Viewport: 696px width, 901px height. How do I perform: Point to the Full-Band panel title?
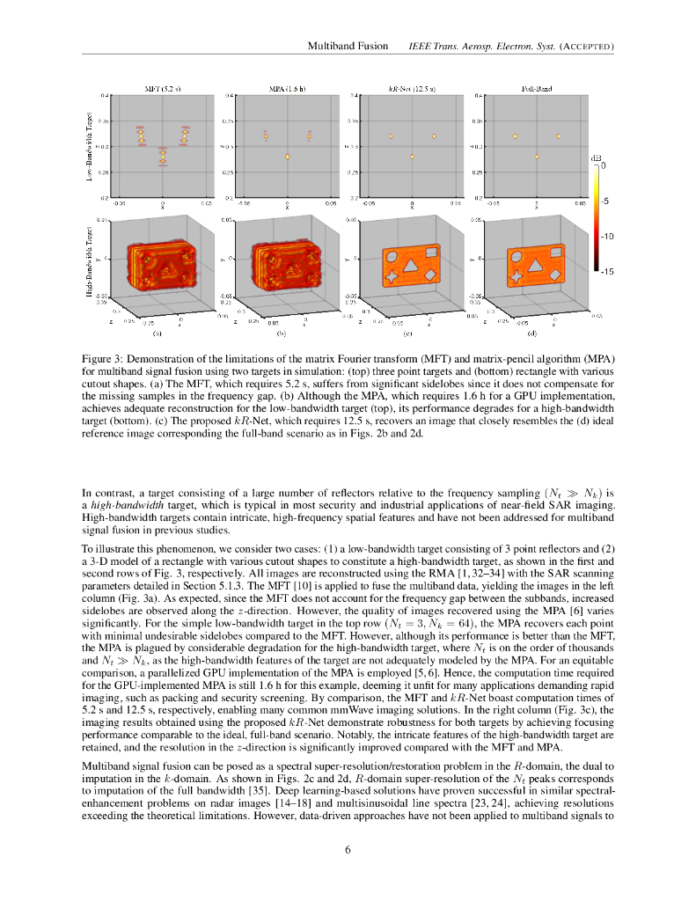[536, 89]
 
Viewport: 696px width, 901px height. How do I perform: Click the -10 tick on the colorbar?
[606, 237]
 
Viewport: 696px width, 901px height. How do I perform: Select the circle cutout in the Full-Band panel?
[517, 259]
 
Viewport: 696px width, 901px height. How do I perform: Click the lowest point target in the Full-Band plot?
[537, 157]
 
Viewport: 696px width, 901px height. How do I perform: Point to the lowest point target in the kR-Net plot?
[412, 157]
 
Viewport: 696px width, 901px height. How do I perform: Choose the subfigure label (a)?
[158, 334]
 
